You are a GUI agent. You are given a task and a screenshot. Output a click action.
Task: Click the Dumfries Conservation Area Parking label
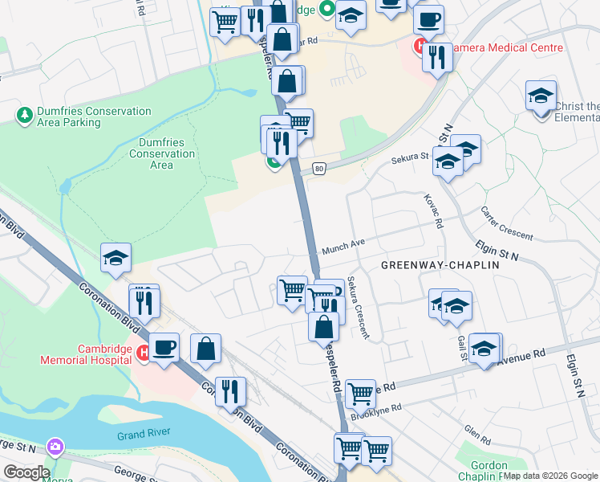click(93, 117)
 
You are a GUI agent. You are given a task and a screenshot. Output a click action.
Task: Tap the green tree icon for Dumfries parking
click(25, 116)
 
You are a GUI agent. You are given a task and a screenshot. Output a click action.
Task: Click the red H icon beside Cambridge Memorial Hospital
click(143, 353)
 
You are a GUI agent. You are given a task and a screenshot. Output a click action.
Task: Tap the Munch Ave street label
click(343, 250)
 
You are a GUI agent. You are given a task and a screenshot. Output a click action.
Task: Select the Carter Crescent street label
click(506, 223)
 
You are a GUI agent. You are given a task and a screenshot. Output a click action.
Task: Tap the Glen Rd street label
click(476, 436)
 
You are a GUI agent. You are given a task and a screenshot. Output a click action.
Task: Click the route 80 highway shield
click(319, 168)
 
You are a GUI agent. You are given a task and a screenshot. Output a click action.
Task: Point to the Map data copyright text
click(550, 476)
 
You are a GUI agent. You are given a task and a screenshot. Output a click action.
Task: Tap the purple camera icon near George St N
click(55, 445)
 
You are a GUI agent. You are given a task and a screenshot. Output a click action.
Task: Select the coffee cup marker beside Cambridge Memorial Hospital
click(164, 347)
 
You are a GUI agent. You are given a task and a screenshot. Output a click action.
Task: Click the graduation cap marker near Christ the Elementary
click(541, 95)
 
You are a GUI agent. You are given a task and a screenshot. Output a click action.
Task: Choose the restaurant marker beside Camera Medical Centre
click(437, 58)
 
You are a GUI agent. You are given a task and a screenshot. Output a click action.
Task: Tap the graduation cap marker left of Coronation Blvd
click(116, 257)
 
